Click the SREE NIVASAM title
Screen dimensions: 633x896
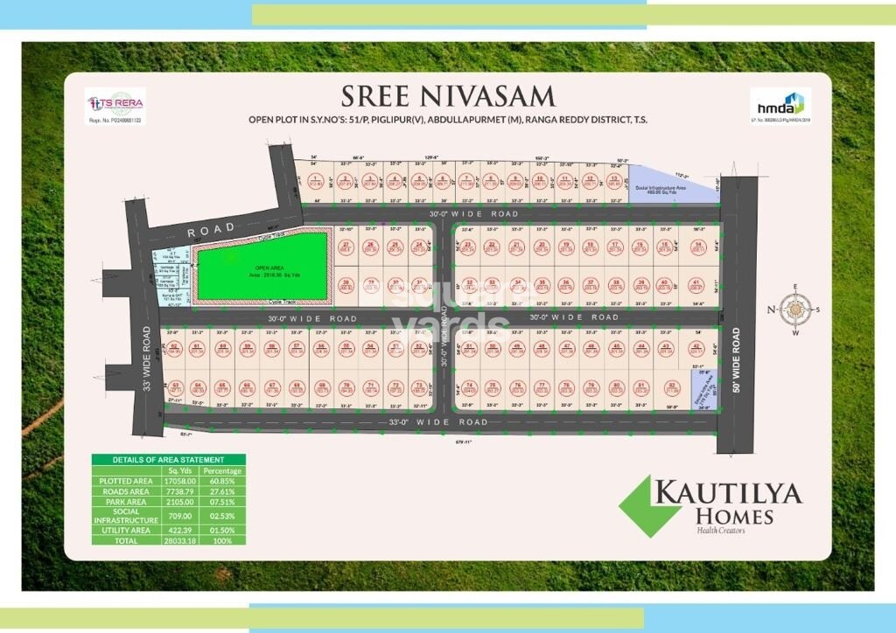[x=446, y=94]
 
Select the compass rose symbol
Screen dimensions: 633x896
[x=794, y=309]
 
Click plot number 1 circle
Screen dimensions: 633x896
[x=316, y=182]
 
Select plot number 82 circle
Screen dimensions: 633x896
[x=672, y=386]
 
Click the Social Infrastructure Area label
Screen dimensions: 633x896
[x=673, y=190]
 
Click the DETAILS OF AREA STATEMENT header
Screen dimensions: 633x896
[x=168, y=460]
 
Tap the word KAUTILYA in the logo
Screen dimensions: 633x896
[x=727, y=494]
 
